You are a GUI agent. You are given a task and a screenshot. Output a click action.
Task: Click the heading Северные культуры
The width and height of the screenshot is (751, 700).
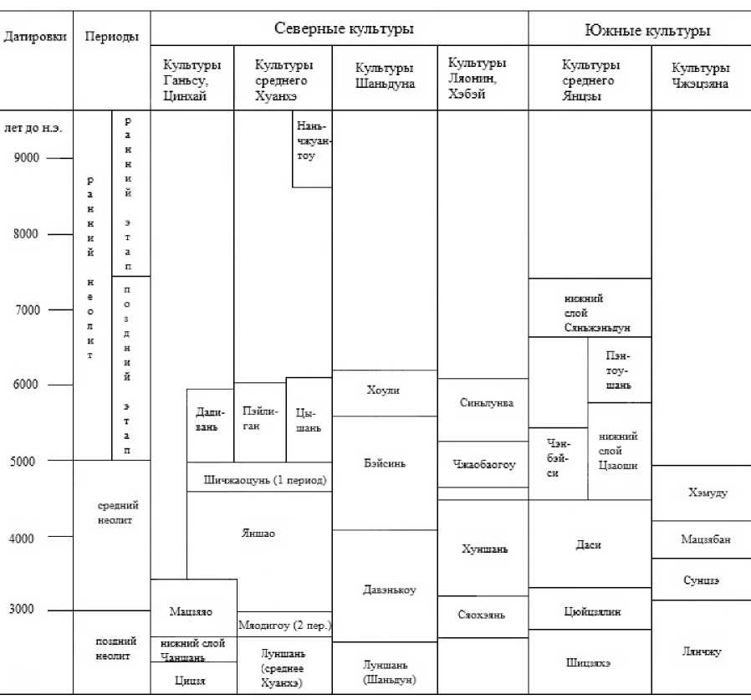(x=345, y=28)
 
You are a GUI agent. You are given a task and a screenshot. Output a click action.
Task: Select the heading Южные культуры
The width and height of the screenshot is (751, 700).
(x=646, y=31)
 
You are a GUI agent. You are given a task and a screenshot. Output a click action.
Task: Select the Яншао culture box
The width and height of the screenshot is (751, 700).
(x=258, y=533)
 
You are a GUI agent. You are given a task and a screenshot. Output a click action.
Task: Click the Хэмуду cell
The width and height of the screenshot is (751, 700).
(x=706, y=493)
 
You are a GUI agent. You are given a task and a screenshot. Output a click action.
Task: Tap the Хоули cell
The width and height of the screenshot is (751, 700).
(x=384, y=391)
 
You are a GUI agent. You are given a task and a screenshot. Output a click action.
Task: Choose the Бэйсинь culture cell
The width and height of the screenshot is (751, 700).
(x=384, y=463)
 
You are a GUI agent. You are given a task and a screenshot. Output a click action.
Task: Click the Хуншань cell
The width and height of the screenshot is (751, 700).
(x=483, y=549)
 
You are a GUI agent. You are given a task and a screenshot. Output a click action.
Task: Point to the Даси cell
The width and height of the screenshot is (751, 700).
(x=590, y=544)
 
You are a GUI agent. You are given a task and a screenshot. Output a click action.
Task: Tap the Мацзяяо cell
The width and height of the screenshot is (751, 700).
(x=191, y=611)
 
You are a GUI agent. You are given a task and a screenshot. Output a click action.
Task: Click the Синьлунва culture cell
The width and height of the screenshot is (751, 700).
(x=485, y=402)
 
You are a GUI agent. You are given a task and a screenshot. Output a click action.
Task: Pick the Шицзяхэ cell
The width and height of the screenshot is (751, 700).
(x=589, y=662)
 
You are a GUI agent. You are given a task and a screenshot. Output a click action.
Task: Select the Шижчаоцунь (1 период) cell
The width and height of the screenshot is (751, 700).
(x=264, y=480)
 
